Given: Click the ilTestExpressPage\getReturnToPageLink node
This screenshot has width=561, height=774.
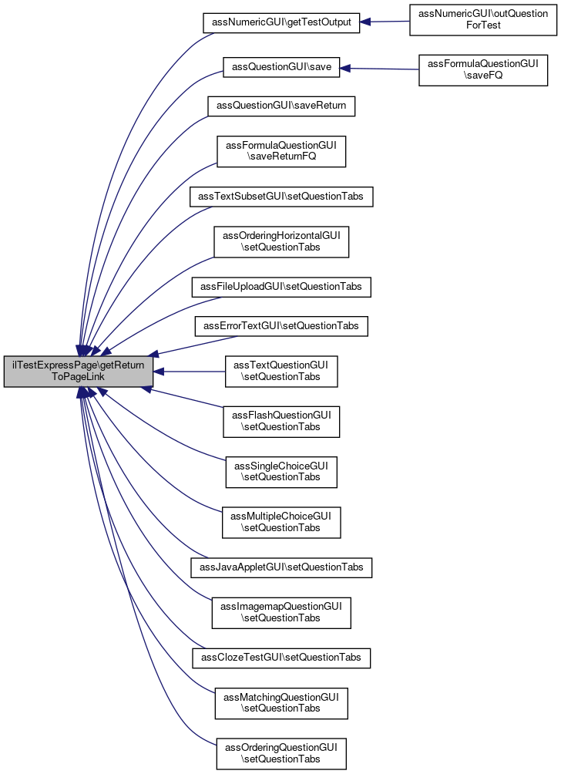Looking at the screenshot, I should (79, 371).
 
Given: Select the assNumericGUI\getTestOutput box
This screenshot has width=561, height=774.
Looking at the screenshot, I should (281, 22).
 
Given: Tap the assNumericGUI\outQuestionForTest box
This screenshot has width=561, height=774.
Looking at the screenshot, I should (482, 22).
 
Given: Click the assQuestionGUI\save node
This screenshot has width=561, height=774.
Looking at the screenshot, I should (281, 67).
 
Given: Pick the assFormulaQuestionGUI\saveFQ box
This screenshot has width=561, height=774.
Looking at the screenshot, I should (482, 69).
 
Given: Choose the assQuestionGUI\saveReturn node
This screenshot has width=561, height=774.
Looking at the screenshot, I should (281, 105).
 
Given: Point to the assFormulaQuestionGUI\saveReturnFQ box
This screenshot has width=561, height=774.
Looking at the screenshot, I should (281, 150).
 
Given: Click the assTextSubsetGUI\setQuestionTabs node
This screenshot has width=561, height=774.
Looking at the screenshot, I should (281, 197).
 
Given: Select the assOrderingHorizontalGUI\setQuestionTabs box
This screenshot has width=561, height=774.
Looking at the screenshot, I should (281, 241).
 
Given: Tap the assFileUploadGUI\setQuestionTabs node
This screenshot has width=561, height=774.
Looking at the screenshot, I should (281, 288).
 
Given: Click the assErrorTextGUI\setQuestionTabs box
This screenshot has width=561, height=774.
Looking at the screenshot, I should (281, 326).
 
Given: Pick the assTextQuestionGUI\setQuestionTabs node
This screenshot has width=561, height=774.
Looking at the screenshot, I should (281, 371).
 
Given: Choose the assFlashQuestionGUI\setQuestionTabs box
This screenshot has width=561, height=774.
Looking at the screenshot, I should (281, 420).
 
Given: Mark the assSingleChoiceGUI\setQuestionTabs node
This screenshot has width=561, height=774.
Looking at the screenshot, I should (281, 471).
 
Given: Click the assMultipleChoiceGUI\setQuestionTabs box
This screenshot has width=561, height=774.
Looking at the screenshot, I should (281, 522).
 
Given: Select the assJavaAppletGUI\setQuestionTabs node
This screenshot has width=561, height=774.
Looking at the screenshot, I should (281, 567).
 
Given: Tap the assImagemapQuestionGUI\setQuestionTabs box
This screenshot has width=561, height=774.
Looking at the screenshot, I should (281, 612).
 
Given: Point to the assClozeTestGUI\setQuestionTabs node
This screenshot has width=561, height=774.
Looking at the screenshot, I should (281, 658).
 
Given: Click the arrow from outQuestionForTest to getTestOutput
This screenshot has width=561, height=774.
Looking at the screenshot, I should (385, 22).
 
